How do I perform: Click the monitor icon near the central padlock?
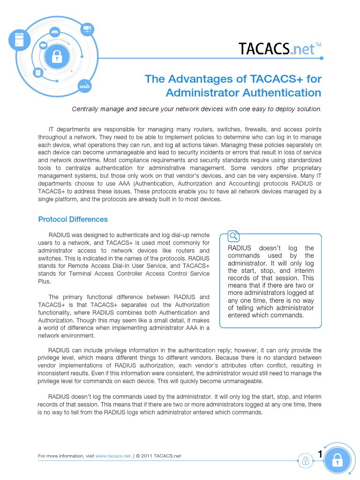(43, 45)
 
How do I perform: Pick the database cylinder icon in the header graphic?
(38, 73)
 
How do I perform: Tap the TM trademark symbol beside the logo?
(318, 45)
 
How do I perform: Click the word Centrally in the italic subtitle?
(86, 109)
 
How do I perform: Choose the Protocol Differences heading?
(73, 219)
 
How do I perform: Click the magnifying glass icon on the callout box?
(233, 236)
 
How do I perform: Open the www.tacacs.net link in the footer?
(112, 456)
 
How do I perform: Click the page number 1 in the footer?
(320, 454)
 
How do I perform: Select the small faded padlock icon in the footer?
(305, 460)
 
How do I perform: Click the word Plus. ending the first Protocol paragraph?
(44, 282)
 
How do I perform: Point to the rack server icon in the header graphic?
(87, 29)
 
